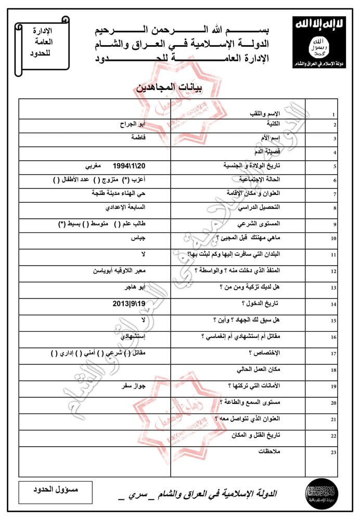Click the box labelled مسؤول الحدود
[x=55, y=491]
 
